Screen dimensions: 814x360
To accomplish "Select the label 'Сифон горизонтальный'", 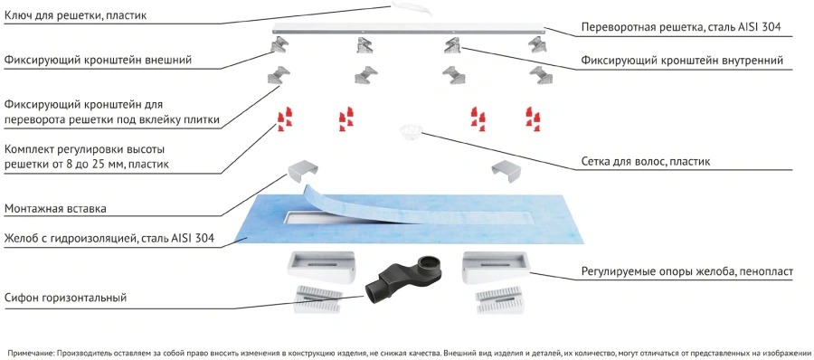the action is pos(66,298).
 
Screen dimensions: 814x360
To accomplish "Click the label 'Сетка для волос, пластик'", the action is pos(645,162).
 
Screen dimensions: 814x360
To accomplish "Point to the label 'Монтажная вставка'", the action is pos(55,209).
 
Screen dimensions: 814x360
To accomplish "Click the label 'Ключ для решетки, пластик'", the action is pos(75,15).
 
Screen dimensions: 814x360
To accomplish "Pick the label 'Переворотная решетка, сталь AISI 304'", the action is pos(680,27).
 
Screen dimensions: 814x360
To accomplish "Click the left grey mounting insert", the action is pos(303,171).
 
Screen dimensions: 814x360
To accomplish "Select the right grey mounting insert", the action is pos(506,171).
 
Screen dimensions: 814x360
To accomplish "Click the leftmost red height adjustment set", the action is pos(284,119).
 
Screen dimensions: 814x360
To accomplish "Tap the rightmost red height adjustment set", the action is pos(533,119).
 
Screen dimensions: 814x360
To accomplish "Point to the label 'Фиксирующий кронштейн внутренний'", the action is pos(682,61).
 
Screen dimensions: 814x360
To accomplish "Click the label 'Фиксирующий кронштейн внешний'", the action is pos(98,61).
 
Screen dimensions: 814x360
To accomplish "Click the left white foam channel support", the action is pos(321,266).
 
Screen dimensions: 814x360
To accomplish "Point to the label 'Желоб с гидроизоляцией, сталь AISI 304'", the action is pos(109,239).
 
